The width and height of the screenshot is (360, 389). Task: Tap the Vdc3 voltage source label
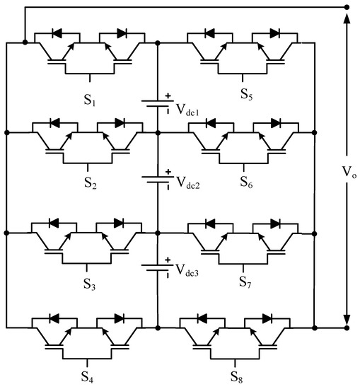(192, 272)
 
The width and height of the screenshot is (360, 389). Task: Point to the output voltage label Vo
(338, 171)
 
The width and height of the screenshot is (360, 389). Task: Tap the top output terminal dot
(346, 6)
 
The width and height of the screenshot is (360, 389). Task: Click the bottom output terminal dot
(346, 328)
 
